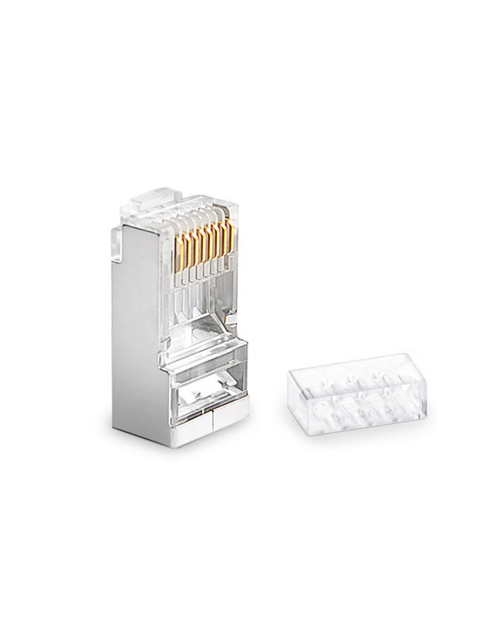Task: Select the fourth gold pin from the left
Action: [199, 240]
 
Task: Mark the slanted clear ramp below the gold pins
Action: [205, 325]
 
